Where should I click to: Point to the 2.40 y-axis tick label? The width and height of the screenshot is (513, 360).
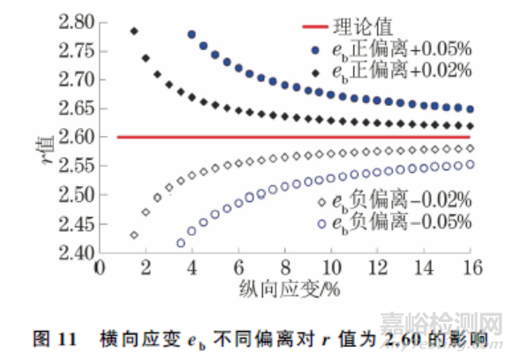click(77, 252)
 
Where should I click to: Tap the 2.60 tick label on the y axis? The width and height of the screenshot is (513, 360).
click(77, 138)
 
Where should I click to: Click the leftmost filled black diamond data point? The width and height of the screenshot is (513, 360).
click(134, 32)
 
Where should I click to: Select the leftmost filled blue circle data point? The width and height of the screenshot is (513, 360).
click(192, 34)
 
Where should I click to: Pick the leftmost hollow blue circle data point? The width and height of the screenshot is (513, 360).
click(181, 243)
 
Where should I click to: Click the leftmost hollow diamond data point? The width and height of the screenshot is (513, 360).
click(134, 235)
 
